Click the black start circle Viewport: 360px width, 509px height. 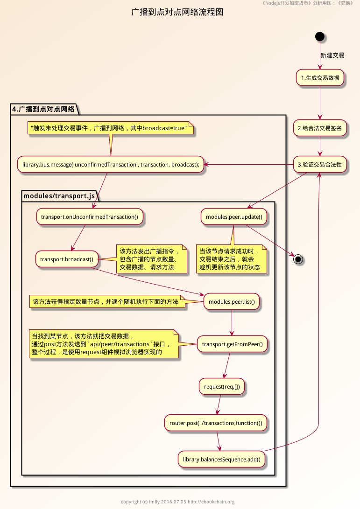tap(320, 36)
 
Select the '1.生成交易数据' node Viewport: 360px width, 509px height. tap(320, 78)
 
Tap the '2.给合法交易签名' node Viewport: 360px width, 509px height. tap(320, 128)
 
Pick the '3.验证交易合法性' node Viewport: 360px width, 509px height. tap(320, 164)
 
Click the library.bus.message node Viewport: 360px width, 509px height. tap(111, 164)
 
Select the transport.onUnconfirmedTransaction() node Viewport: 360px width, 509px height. tap(89, 216)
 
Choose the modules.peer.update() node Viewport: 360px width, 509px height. tap(234, 216)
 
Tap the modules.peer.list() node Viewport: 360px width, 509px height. tap(232, 302)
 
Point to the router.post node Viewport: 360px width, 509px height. tap(215, 423)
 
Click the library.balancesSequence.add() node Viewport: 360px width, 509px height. tap(221, 460)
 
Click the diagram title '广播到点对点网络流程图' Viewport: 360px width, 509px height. tap(177, 12)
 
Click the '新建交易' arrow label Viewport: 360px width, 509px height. tap(332, 55)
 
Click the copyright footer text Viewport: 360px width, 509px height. tap(177, 502)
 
